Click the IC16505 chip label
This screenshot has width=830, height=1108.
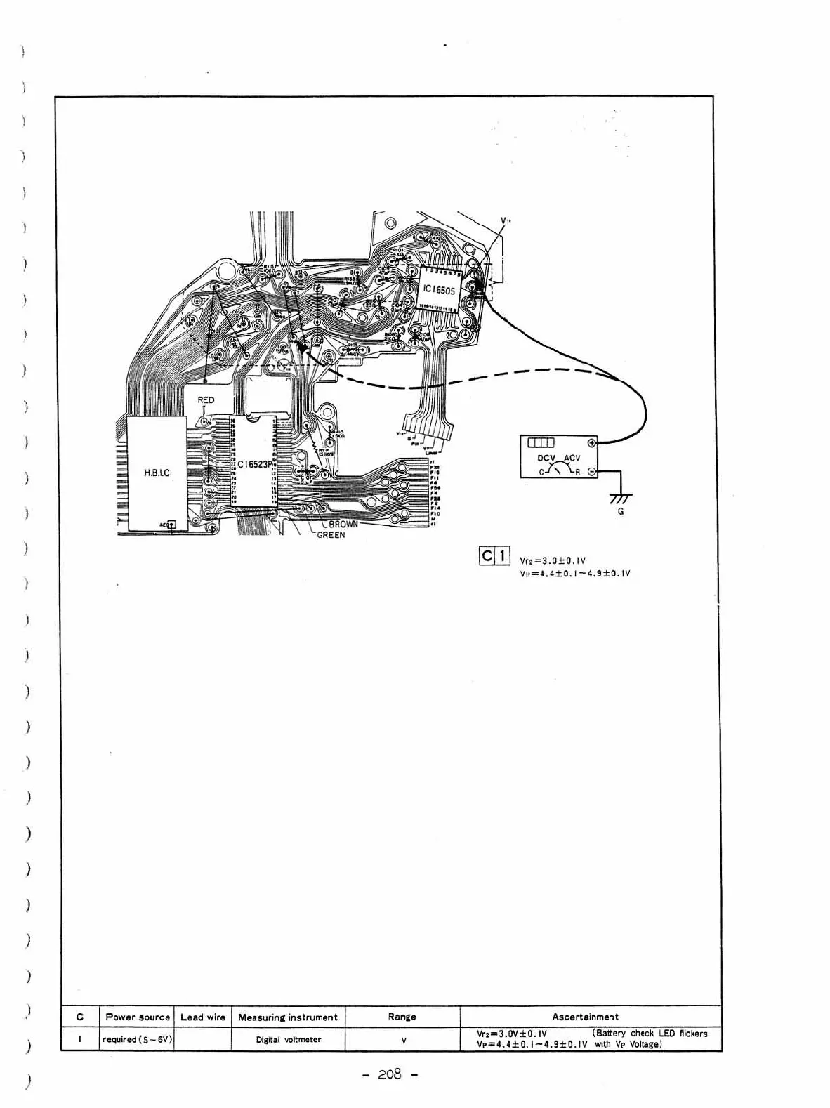pyautogui.click(x=439, y=289)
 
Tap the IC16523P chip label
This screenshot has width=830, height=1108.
pyautogui.click(x=254, y=464)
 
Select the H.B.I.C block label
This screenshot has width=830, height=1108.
pyautogui.click(x=157, y=473)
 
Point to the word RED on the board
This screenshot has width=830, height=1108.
pyautogui.click(x=206, y=400)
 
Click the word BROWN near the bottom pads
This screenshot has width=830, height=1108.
pyautogui.click(x=344, y=524)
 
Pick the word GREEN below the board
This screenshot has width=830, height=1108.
pyautogui.click(x=330, y=535)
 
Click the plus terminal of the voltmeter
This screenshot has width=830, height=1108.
pyautogui.click(x=591, y=442)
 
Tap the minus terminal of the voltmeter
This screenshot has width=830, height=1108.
pyautogui.click(x=591, y=472)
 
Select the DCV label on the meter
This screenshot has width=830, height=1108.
pyautogui.click(x=547, y=458)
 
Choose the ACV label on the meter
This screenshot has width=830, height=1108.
pyautogui.click(x=572, y=458)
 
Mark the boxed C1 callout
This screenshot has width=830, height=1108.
pyautogui.click(x=494, y=555)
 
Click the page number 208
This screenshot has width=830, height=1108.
pyautogui.click(x=389, y=1074)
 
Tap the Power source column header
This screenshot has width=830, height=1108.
pyautogui.click(x=138, y=1017)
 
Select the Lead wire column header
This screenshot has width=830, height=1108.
pyautogui.click(x=203, y=1017)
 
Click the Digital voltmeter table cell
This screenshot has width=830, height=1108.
pyautogui.click(x=289, y=1040)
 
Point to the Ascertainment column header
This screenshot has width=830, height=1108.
pyautogui.click(x=585, y=1017)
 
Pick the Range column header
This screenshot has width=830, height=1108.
pyautogui.click(x=402, y=1017)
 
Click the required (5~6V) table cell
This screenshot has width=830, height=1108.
pyautogui.click(x=138, y=1040)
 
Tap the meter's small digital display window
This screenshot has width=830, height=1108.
pyautogui.click(x=541, y=442)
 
